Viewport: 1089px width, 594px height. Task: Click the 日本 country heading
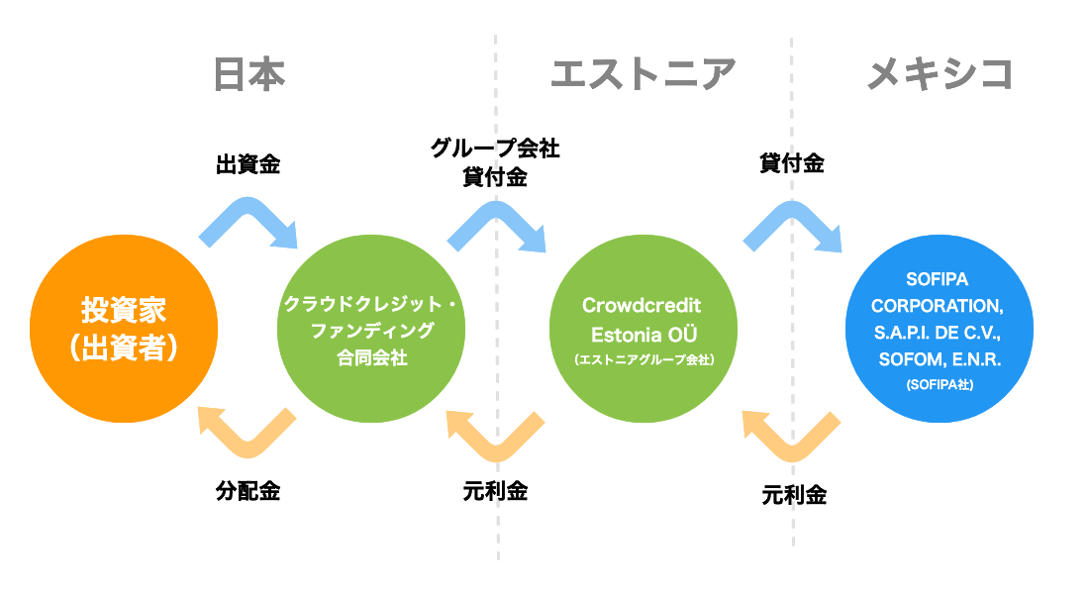(248, 74)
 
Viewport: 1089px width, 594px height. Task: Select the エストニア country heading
(643, 74)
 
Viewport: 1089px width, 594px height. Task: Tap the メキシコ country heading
(940, 74)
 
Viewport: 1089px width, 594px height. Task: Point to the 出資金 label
(248, 164)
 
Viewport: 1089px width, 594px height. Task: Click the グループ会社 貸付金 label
(495, 163)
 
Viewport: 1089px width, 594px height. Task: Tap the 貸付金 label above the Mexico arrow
(792, 164)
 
